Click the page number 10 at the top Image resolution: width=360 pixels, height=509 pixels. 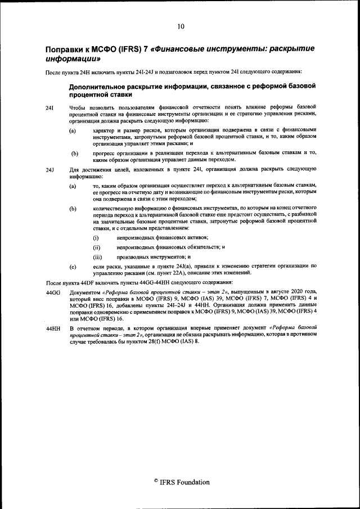[x=180, y=26]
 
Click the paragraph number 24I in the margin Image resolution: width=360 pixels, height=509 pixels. [x=49, y=107]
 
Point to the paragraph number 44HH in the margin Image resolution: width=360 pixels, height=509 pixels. [x=52, y=327]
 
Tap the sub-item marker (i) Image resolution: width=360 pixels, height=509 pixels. [x=96, y=238]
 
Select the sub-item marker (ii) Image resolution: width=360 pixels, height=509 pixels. [x=96, y=247]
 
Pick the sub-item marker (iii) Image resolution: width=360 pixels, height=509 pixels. [x=97, y=256]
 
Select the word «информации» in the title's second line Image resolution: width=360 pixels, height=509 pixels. [x=73, y=59]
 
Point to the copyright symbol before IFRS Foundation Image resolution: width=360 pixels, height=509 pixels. [x=155, y=481]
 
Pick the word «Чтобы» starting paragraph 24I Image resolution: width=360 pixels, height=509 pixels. [x=78, y=107]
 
